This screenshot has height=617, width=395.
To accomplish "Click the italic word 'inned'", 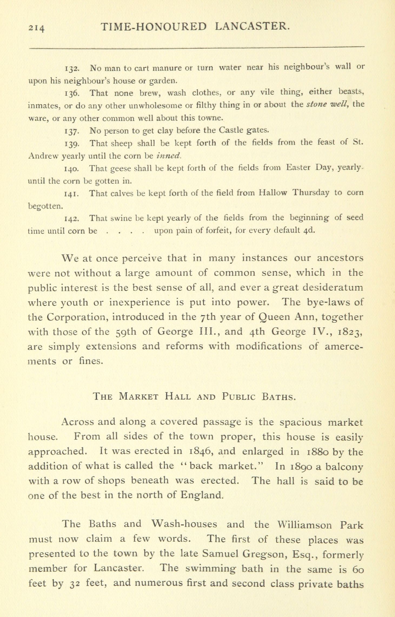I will coord(169,156).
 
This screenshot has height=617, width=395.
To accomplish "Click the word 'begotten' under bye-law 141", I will coord(45,206).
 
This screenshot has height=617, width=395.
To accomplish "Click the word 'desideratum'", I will coord(333,287).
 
